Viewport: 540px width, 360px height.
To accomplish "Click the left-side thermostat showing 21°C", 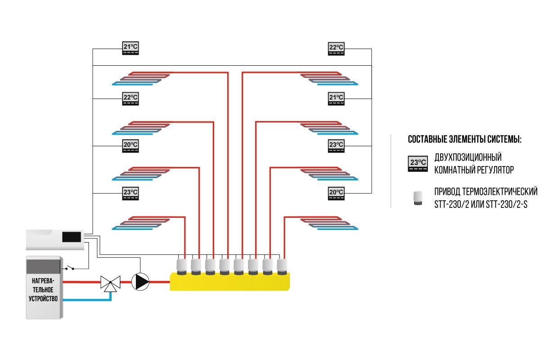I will [130, 49].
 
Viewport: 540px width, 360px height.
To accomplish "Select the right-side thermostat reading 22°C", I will [336, 49].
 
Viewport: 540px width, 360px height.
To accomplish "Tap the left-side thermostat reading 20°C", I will [130, 146].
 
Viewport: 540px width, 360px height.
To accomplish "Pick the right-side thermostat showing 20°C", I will [336, 194].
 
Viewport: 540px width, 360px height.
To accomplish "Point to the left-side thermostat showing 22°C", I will [130, 98].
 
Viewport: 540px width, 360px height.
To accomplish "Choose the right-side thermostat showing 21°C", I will [336, 98].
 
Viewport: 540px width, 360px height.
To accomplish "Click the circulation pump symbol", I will [140, 282].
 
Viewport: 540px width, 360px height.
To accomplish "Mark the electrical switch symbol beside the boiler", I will [70, 268].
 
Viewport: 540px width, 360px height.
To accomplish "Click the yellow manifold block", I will [229, 282].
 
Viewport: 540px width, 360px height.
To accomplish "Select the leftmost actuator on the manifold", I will [182, 266].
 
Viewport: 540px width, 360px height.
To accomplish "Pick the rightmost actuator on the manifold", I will [282, 266].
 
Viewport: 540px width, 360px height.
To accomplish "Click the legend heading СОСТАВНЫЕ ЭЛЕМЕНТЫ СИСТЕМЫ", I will [464, 139].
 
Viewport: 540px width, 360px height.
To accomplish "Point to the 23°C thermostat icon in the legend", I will [417, 163].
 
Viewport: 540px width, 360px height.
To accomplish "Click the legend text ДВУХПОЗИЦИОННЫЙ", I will [468, 158].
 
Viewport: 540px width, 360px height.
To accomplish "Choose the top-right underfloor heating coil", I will [328, 79].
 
